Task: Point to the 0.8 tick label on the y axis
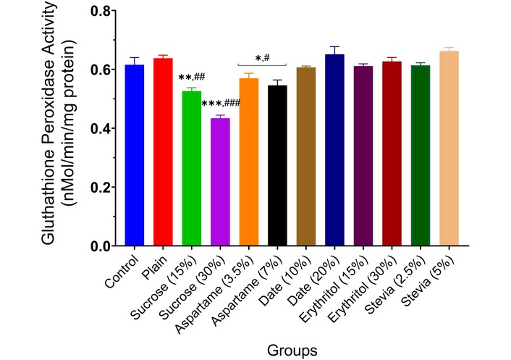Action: click(x=99, y=12)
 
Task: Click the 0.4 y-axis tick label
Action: click(x=99, y=129)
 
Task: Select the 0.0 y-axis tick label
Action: click(x=99, y=246)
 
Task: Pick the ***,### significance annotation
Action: click(x=221, y=104)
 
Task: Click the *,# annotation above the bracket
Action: click(x=262, y=58)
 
